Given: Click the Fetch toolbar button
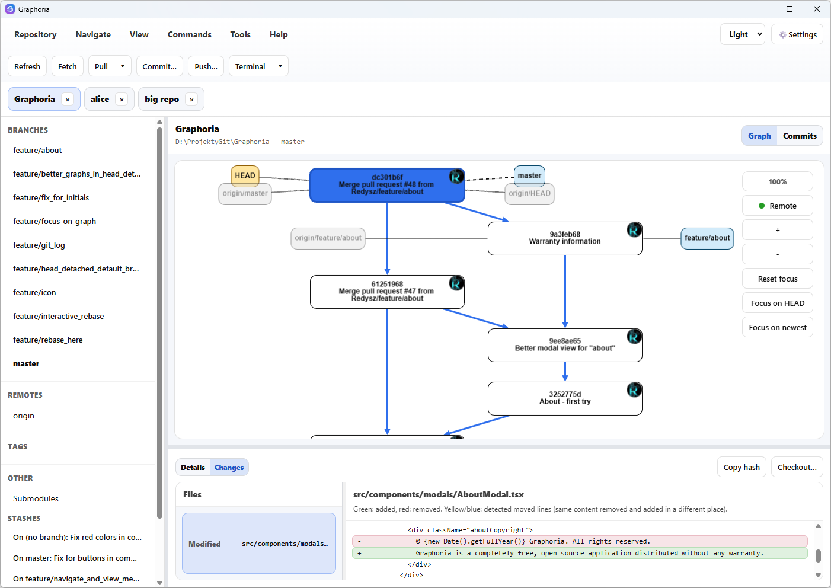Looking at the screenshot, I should (x=67, y=66).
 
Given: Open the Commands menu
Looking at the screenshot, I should (x=189, y=34).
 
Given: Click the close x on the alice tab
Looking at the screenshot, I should (x=122, y=100).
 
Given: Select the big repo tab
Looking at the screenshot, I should (x=162, y=99).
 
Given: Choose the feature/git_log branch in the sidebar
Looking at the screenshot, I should (x=39, y=245).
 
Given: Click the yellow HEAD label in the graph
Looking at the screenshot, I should (x=245, y=175).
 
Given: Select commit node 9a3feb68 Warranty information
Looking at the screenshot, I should (x=564, y=238).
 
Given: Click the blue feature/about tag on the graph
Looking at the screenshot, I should (x=707, y=238).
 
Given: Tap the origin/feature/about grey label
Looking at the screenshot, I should (x=328, y=238).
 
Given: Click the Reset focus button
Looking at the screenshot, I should (x=777, y=279).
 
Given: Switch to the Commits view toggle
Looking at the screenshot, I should (x=799, y=136).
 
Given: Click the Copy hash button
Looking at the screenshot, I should (x=741, y=467).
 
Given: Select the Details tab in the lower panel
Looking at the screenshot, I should (x=193, y=467).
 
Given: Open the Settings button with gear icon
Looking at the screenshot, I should (x=797, y=34).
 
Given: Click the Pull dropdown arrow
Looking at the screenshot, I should (x=123, y=66).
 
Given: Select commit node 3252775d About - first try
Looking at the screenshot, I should (x=564, y=398).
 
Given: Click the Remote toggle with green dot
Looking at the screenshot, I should (x=777, y=206).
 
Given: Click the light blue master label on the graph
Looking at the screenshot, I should (x=529, y=175).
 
